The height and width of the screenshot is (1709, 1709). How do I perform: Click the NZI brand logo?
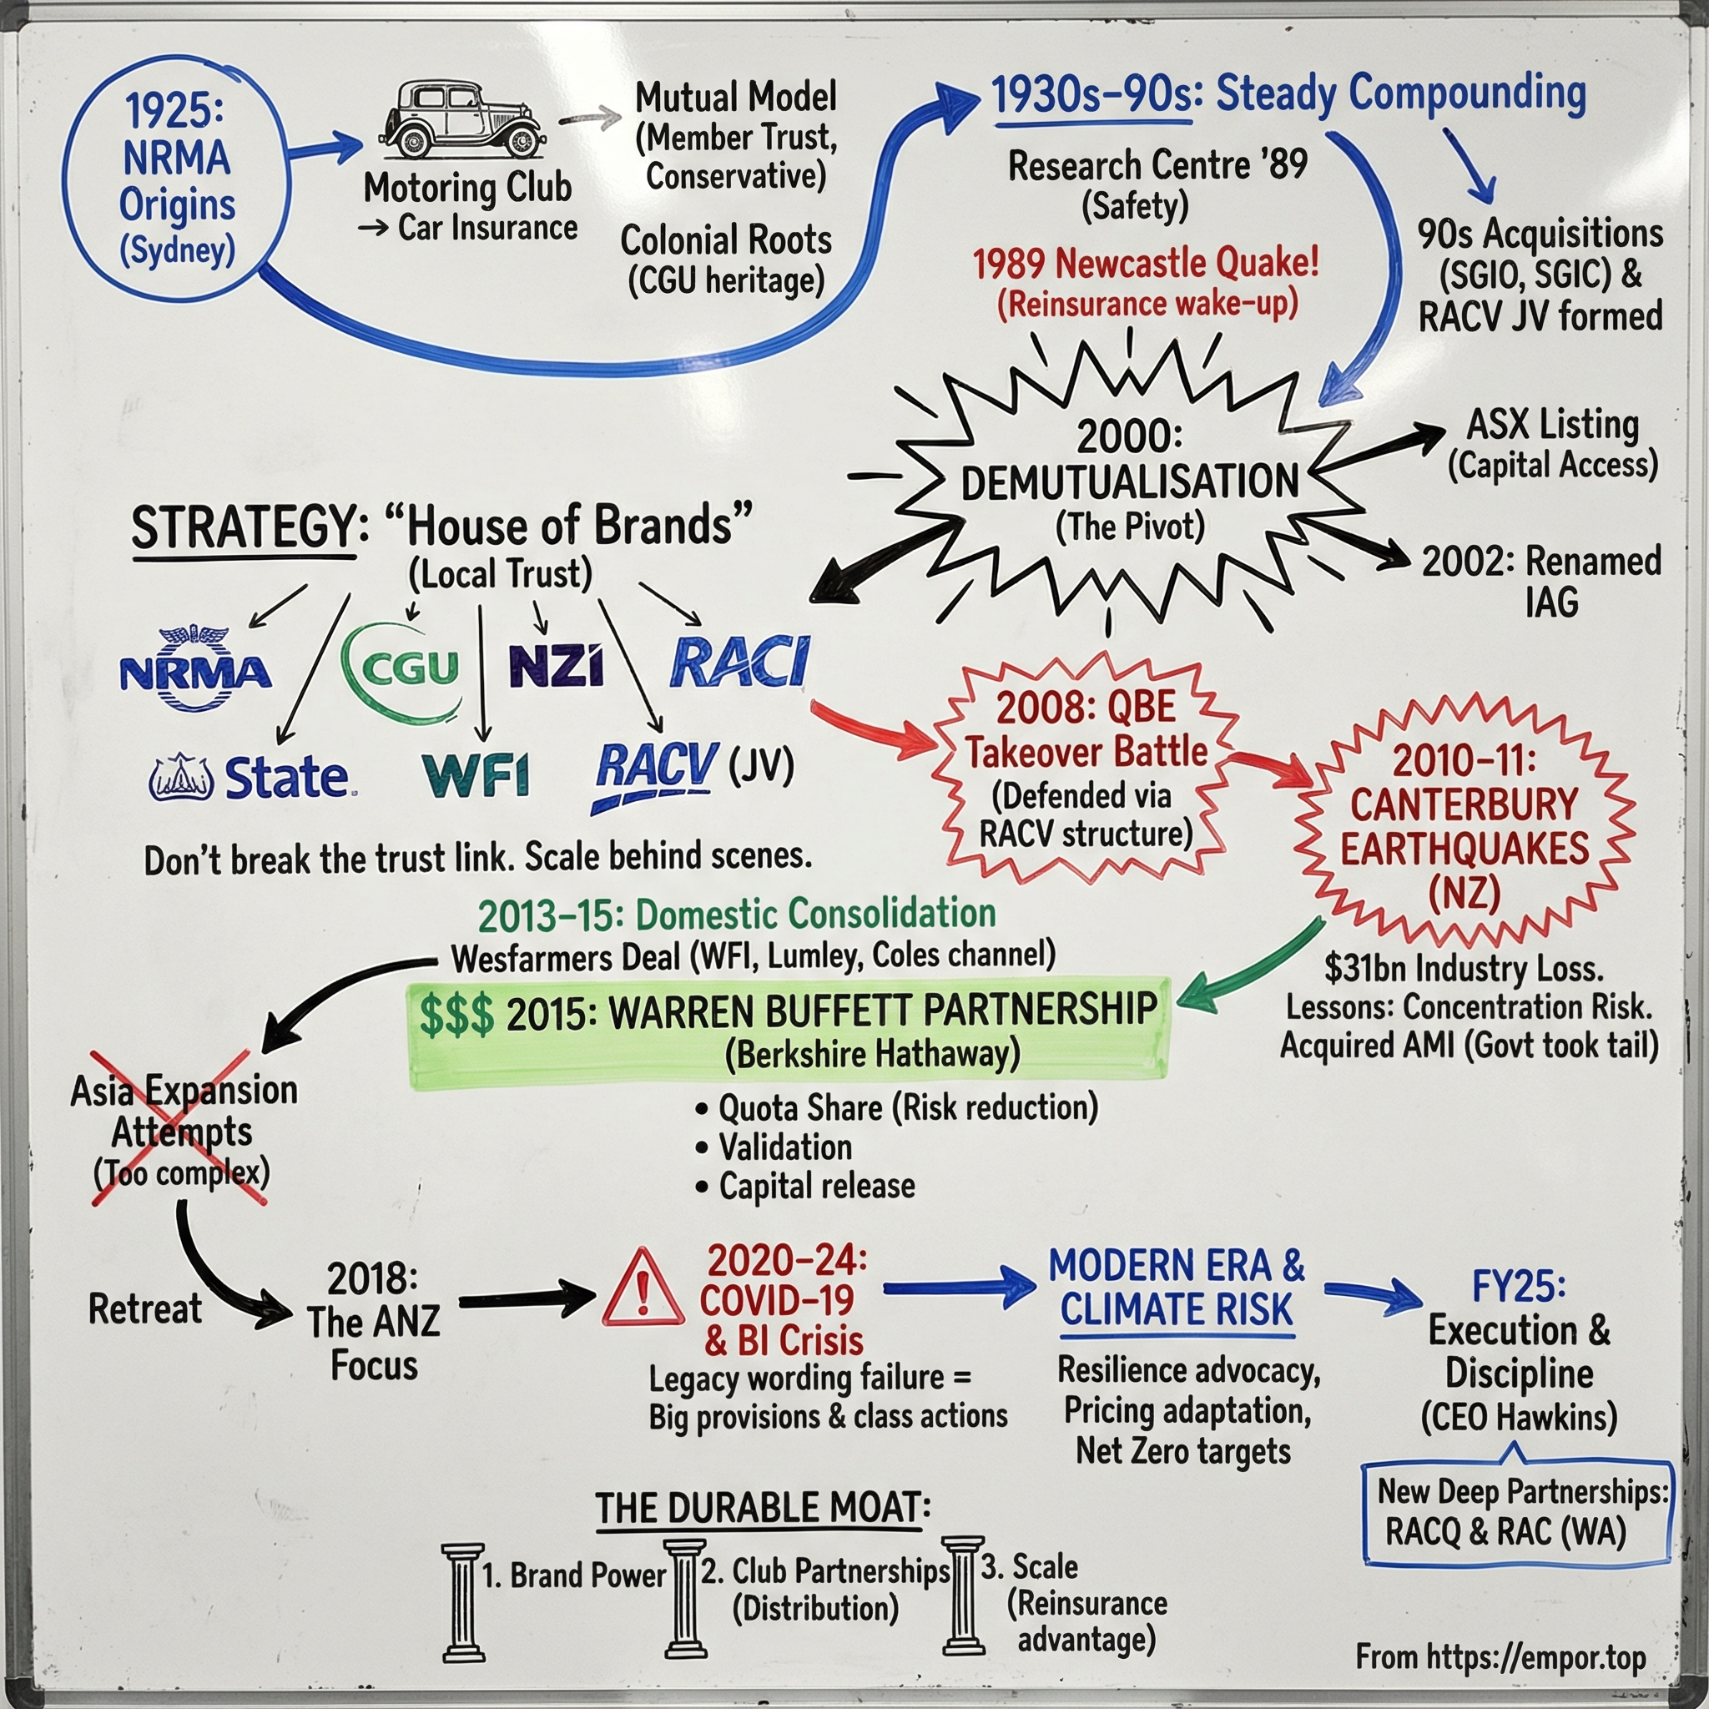(557, 665)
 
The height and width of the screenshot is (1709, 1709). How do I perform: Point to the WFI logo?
(476, 776)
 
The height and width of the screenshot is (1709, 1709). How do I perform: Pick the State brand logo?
(251, 778)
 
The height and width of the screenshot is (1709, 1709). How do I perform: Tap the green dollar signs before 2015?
(456, 1015)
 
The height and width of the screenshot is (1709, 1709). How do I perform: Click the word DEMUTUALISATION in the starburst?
(1130, 483)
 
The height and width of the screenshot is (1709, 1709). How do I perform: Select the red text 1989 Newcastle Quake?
(1146, 263)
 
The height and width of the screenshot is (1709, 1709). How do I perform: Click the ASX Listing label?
(1552, 425)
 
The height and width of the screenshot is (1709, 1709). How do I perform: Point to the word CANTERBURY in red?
(1463, 805)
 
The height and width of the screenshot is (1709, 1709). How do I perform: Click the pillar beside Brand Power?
(462, 1602)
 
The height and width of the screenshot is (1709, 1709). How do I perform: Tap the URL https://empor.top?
(1535, 1656)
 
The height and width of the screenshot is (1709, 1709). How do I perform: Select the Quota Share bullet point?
(899, 1107)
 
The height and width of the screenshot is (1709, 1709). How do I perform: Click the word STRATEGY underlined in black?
(244, 528)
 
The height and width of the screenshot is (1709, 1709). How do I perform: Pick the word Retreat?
(145, 1308)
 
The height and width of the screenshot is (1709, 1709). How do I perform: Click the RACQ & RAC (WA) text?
(1505, 1531)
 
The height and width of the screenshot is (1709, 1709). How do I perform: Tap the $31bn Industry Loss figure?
(1463, 969)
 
